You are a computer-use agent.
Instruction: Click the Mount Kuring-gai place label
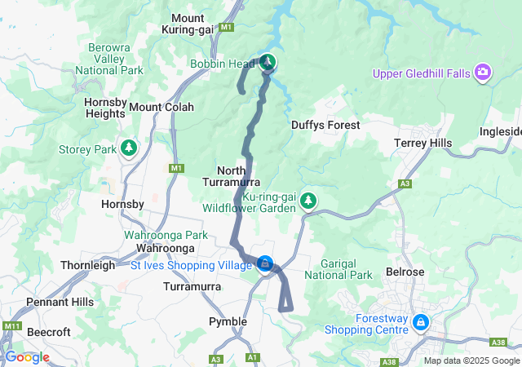tap(199, 24)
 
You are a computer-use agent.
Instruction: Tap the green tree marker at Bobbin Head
tap(268, 62)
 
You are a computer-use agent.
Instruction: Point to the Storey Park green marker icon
tap(128, 148)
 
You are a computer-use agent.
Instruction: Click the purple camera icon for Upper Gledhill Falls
tap(483, 73)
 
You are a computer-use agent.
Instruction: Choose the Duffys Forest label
tap(325, 125)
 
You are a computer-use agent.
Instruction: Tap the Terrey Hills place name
tap(422, 143)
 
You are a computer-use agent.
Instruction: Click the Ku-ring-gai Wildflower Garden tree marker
tap(308, 200)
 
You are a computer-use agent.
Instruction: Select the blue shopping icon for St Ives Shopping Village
tap(265, 263)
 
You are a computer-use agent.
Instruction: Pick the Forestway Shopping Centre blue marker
tap(420, 322)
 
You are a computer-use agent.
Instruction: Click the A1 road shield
tap(252, 357)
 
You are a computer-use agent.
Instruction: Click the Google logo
tap(27, 357)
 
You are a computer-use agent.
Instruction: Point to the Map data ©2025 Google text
tap(471, 360)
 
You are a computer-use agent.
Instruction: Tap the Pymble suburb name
tap(228, 321)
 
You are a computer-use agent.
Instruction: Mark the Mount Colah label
tap(161, 107)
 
